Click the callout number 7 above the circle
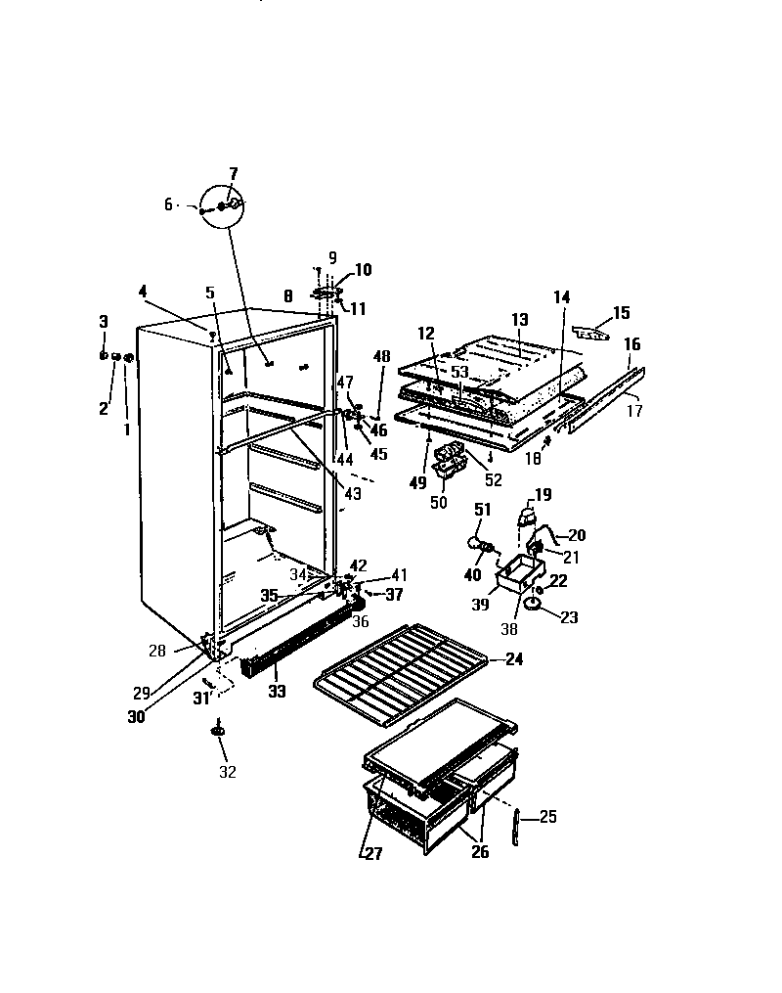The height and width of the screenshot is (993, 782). (233, 173)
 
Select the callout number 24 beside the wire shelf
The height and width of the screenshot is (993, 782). (513, 659)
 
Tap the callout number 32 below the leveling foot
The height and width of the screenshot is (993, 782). (227, 772)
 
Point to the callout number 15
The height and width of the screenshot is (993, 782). (622, 313)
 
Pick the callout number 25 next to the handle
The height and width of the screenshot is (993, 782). (548, 816)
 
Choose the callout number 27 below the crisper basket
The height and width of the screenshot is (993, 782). (372, 853)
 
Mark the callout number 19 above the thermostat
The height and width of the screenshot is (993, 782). (543, 495)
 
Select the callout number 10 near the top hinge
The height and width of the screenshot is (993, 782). (363, 270)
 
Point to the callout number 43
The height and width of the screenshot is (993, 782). (353, 494)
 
